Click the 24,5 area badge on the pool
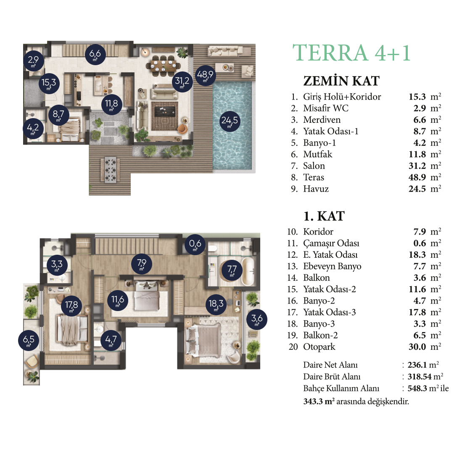coord(230,121)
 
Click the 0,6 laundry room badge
coord(195,245)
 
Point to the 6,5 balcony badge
coord(29,340)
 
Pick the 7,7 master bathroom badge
coord(232,270)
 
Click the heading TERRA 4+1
coord(351,53)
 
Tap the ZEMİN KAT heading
coord(341,81)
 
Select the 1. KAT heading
coord(324,216)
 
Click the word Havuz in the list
coord(316,189)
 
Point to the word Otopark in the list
coord(319,347)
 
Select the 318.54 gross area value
coord(420,376)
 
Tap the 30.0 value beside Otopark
coord(417,347)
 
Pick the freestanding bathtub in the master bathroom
coord(248,271)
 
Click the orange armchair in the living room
coord(182,129)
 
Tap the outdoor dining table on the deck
coord(110,169)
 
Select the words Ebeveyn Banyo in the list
coord(332,267)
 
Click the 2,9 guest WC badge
coord(34,61)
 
